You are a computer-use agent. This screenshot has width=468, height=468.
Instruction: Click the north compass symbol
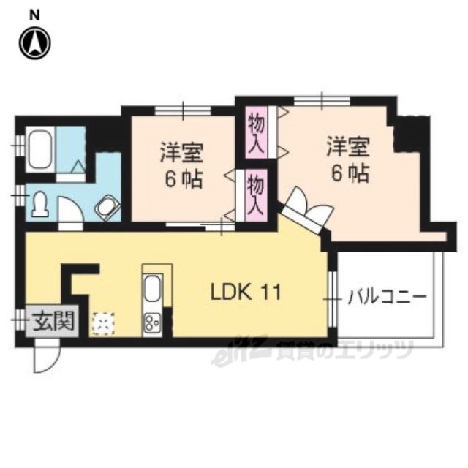coord(35,43)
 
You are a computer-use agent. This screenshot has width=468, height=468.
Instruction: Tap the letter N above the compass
coord(34,15)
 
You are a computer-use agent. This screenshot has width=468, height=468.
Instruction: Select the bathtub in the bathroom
coord(41,149)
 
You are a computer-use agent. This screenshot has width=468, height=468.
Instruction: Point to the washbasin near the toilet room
coord(107,207)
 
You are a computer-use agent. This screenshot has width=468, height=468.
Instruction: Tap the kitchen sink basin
coord(152,287)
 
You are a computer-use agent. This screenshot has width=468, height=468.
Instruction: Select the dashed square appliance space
coord(104,323)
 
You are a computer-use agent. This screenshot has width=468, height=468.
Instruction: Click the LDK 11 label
coord(246,292)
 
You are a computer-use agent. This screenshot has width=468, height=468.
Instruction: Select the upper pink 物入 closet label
coord(256,132)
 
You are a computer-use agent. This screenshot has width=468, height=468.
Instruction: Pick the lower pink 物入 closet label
coord(256,195)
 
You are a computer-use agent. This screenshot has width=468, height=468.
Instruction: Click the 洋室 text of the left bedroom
coord(181,153)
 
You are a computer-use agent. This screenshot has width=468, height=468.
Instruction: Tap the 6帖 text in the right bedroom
coord(350,173)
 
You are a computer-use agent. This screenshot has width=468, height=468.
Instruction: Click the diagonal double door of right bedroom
coord(306,209)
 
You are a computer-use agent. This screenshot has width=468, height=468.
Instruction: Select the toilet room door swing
coord(70,209)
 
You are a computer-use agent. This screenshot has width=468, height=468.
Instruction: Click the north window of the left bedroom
coord(183,110)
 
